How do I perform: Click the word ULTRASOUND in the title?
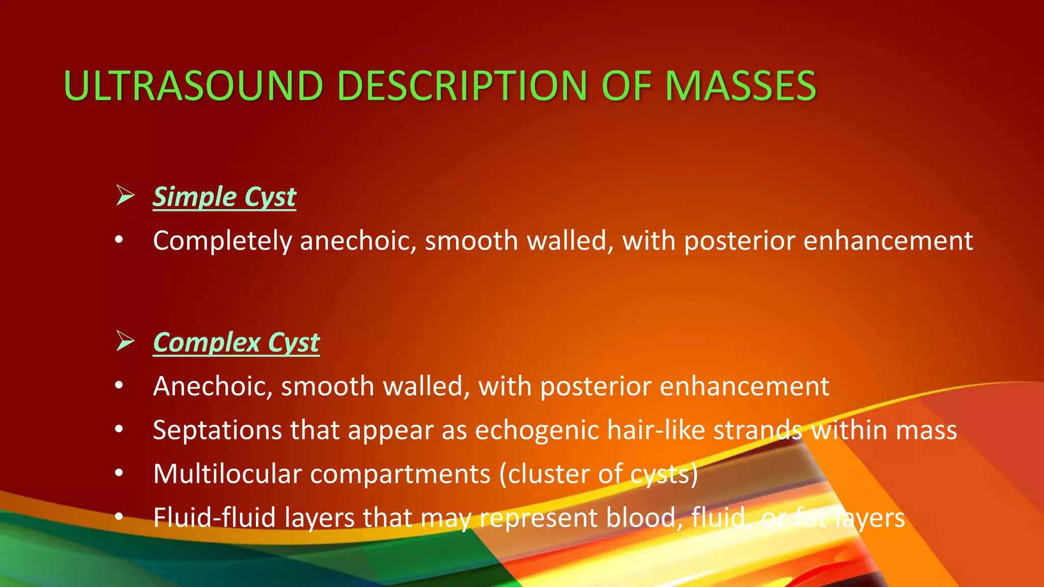tap(193, 86)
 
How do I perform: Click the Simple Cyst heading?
tap(224, 197)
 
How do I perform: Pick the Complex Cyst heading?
tap(236, 342)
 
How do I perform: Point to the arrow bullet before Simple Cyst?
tap(125, 196)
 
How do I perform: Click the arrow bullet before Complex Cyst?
tap(125, 341)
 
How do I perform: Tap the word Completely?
tap(222, 241)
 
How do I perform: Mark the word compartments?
tap(400, 474)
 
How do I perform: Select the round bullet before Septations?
tap(119, 430)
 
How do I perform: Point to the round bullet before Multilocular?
tap(119, 473)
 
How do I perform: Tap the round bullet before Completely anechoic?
tap(119, 240)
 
